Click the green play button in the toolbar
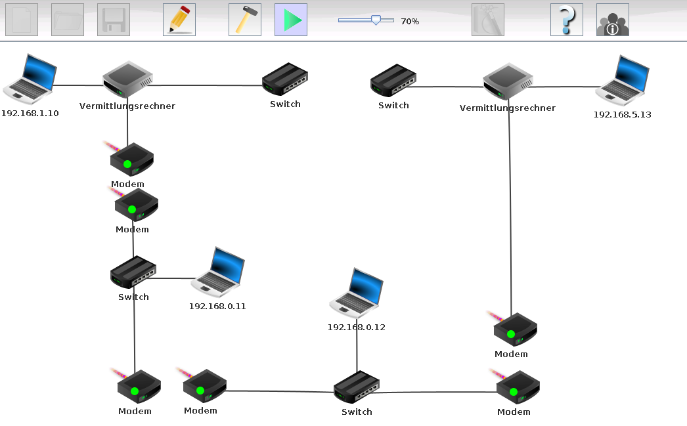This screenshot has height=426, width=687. pos(291,20)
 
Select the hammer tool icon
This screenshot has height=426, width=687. pos(245,20)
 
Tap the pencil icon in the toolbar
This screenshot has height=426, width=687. pos(179,20)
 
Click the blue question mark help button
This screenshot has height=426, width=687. pos(567,20)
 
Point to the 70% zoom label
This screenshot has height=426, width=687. pos(410,21)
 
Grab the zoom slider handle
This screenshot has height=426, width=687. pos(376,20)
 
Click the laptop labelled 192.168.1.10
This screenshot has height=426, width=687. pos(30,79)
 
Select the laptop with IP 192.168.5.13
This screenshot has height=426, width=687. pos(622,81)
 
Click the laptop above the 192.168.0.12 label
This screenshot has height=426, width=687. pos(357,293)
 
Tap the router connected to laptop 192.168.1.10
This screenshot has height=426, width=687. pos(127,79)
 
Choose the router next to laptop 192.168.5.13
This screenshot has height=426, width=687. pos(508,81)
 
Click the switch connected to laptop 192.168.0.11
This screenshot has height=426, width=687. pos(133,272)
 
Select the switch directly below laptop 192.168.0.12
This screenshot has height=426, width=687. pos(357,387)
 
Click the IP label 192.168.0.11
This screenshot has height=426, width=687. pos(217,306)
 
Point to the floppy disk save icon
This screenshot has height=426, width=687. pos(114,20)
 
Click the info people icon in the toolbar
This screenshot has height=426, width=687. pos(613,20)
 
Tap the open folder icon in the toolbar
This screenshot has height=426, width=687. pos(68,20)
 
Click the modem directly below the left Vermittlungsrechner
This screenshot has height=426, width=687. pos(131,159)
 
